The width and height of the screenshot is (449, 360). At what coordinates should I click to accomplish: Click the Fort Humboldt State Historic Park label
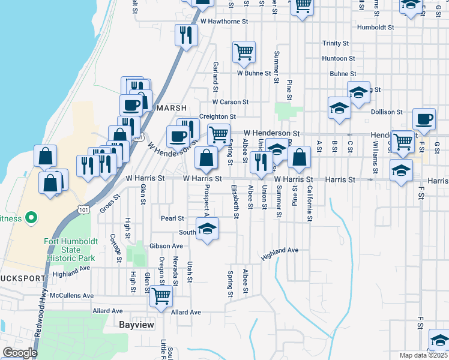click(70, 250)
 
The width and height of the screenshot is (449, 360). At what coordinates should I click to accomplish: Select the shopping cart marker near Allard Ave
click(161, 295)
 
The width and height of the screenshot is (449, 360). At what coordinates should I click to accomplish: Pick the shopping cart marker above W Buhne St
click(244, 52)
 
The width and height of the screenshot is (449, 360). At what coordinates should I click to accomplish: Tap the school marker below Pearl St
click(208, 229)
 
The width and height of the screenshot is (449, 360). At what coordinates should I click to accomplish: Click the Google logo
click(20, 353)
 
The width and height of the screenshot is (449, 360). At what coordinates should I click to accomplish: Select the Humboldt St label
click(375, 28)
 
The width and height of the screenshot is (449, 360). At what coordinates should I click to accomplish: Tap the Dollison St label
click(386, 112)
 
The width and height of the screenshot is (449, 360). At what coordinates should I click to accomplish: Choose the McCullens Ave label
click(72, 296)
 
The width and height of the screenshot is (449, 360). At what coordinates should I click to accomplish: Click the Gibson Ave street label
click(166, 246)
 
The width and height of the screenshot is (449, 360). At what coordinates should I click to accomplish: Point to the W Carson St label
click(230, 103)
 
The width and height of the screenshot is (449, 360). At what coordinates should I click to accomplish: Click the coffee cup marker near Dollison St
click(424, 119)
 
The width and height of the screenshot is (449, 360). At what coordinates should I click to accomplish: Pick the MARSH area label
click(167, 109)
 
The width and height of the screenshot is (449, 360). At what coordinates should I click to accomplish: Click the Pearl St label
click(172, 218)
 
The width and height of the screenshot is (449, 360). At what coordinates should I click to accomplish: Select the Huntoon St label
click(334, 58)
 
